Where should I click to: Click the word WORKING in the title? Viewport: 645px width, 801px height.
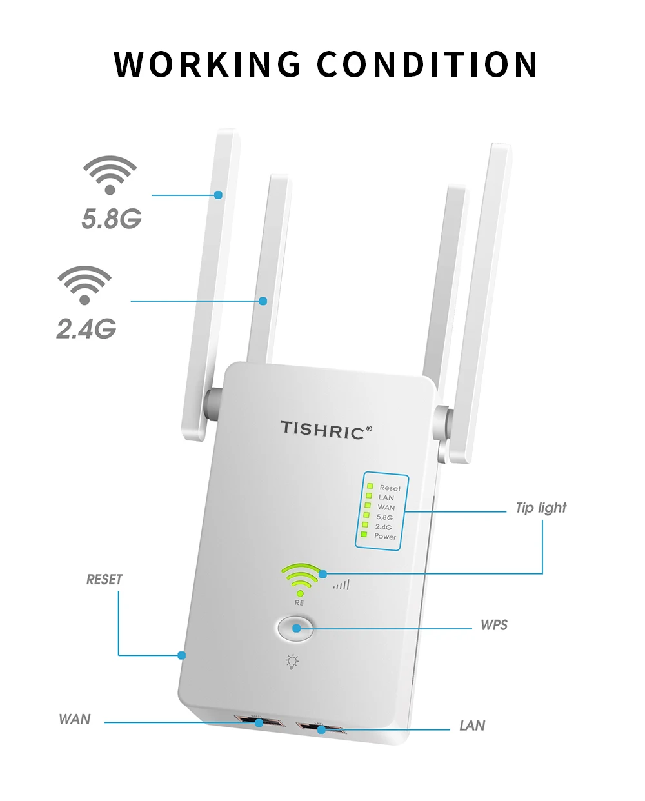coord(207,64)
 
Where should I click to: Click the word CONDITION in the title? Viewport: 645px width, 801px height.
coord(427,64)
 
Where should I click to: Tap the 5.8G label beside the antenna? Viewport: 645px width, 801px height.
coord(112,219)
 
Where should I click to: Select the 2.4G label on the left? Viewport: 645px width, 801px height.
coord(86,329)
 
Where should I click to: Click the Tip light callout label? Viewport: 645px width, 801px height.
coord(541,508)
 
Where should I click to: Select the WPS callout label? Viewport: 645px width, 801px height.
coord(494,625)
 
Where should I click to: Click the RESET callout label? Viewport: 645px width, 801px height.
coord(104,580)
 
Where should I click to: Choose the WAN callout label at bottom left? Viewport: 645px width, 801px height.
coord(75,719)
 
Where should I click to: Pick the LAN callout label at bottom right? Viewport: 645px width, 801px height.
coord(472,726)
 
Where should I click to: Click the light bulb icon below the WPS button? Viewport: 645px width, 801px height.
coord(293,662)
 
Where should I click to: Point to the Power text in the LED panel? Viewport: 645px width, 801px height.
coord(385,536)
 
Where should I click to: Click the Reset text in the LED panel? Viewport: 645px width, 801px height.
coord(390,488)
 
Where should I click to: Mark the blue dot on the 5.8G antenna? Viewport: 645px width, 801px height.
coord(219,194)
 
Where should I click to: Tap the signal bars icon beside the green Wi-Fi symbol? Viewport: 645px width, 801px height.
coord(341,585)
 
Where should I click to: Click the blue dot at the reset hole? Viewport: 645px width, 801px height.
coord(182,655)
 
